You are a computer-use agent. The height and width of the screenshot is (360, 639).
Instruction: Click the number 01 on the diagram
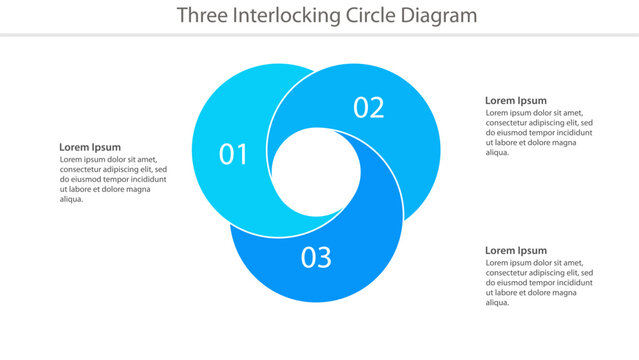(x=233, y=154)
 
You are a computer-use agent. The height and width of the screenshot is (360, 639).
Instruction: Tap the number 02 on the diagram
(x=368, y=108)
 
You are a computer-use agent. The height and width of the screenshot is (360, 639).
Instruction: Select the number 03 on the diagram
(x=316, y=258)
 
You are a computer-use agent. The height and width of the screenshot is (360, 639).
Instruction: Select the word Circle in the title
(x=362, y=15)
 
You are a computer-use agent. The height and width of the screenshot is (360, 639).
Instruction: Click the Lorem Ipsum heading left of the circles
(x=90, y=147)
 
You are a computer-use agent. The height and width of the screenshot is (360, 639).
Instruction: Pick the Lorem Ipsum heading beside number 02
(x=516, y=100)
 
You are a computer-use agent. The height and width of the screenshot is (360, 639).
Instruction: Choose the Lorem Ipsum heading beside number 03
(x=516, y=250)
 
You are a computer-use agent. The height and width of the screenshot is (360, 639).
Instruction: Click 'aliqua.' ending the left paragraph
(x=72, y=199)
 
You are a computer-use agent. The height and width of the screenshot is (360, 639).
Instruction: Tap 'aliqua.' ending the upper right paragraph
(x=498, y=152)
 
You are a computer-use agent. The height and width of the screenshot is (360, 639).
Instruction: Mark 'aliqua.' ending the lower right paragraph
(x=498, y=302)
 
